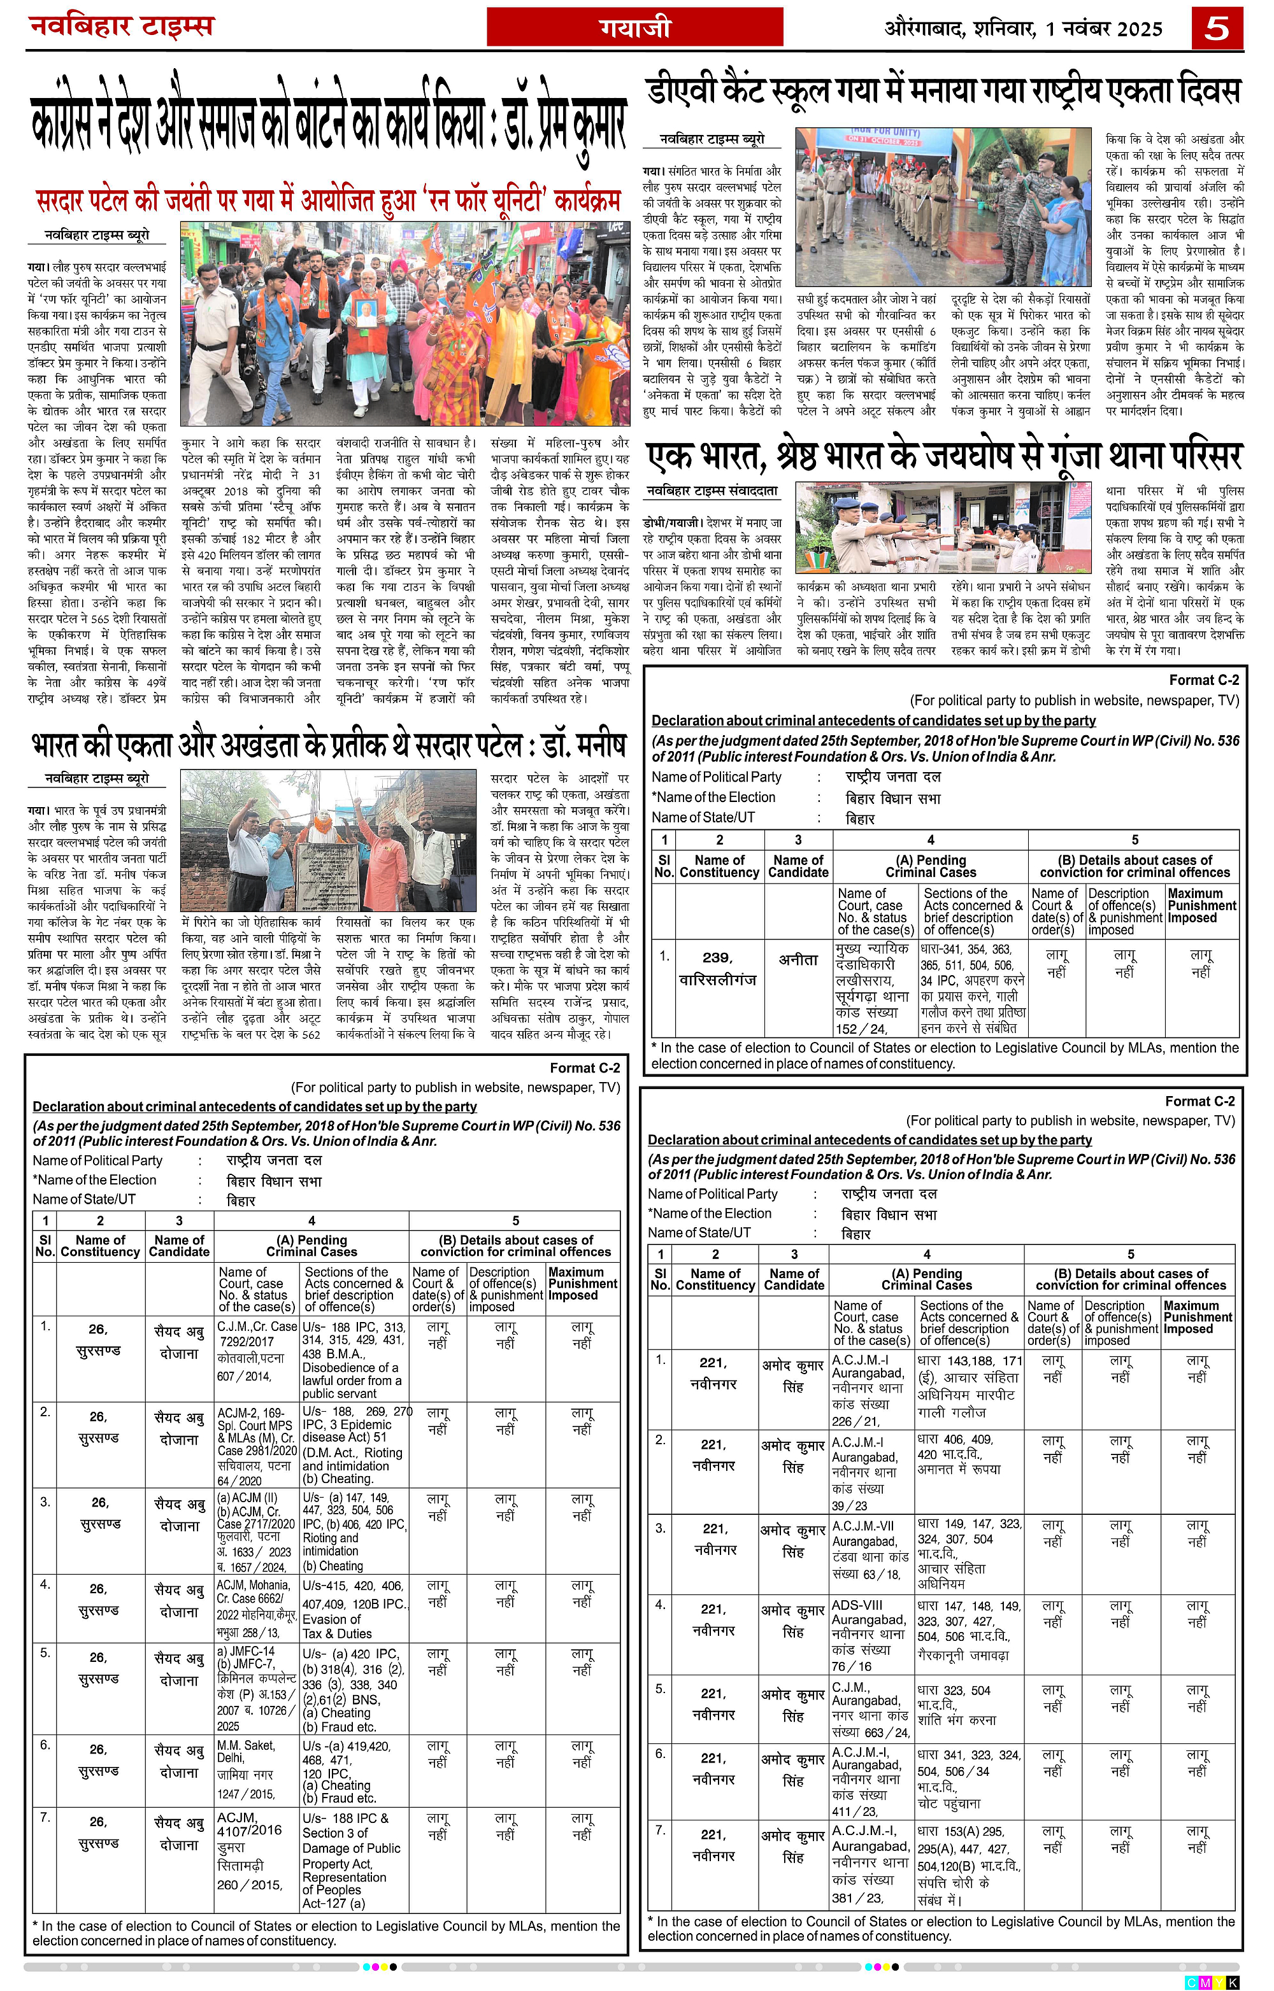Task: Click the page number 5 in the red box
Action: pos(1216,28)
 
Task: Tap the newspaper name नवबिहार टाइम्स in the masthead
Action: pos(122,27)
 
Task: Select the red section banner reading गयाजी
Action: pos(634,28)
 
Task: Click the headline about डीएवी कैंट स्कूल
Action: pos(943,91)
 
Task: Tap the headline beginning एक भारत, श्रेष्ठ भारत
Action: pos(943,456)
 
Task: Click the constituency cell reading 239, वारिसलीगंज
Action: pos(717,968)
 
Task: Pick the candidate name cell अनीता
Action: pos(798,960)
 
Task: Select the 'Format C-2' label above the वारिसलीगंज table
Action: pos(1204,680)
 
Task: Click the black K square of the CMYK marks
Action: pos(1233,1982)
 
